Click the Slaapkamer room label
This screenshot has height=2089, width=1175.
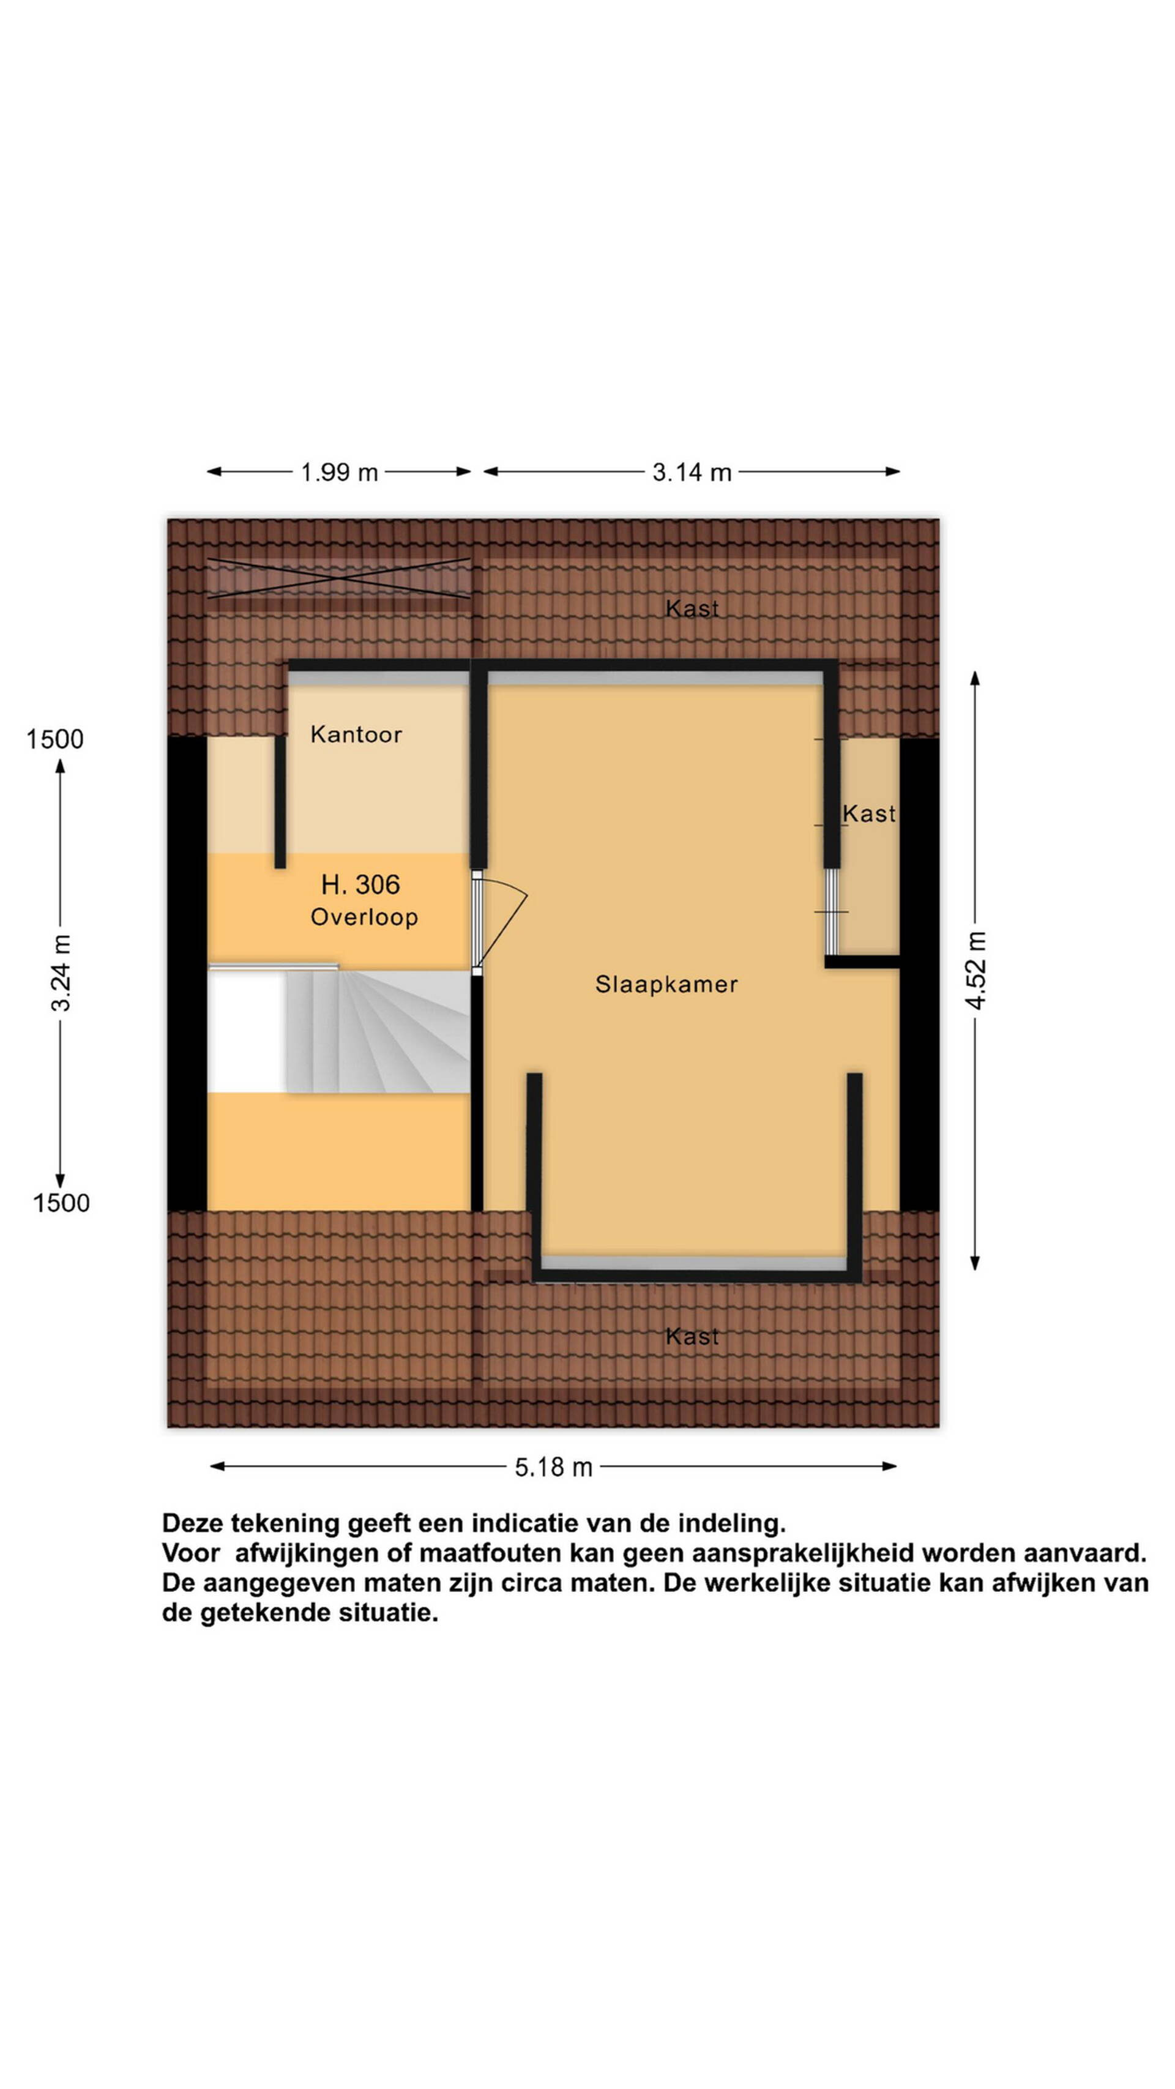coord(666,984)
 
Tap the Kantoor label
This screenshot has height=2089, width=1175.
coord(356,734)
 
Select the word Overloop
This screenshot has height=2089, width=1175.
coord(364,917)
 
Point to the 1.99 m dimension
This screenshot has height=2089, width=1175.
coord(339,472)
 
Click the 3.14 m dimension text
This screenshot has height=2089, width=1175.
coord(692,472)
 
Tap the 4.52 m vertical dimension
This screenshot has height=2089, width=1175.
coord(975,970)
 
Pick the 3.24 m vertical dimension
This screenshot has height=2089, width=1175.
coord(61,973)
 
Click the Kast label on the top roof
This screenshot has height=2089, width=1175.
coord(692,608)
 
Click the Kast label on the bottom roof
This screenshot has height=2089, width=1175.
coord(692,1336)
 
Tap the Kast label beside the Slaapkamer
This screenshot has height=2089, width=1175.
coord(868,813)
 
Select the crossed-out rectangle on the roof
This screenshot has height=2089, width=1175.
coord(339,578)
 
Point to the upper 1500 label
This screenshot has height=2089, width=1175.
coord(54,739)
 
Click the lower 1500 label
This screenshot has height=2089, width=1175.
coord(61,1203)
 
